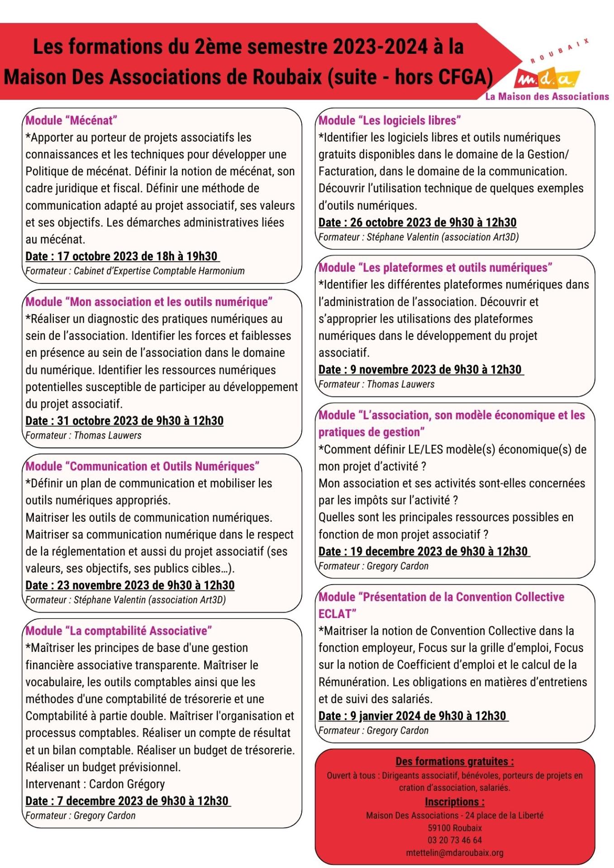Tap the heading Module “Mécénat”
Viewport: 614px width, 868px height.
[71, 120]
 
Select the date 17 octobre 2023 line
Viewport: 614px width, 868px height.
[122, 256]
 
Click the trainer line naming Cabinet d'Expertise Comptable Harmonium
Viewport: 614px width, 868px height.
[135, 271]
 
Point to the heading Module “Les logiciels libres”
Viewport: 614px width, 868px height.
[390, 120]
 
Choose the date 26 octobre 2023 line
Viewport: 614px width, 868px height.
[417, 222]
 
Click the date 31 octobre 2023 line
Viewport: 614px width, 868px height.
[124, 421]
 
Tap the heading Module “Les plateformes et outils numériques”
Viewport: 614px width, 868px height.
[435, 268]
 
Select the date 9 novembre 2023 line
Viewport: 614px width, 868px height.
[420, 370]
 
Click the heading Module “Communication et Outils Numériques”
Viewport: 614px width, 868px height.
[143, 466]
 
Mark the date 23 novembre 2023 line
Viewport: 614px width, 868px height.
[130, 585]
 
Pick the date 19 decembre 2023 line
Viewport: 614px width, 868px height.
[424, 552]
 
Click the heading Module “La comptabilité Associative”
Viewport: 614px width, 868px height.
[119, 631]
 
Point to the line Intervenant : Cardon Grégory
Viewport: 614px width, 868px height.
[95, 784]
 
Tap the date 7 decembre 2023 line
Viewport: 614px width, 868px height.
[127, 801]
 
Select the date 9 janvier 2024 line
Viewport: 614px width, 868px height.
[413, 716]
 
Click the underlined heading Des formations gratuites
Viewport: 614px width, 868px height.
[454, 761]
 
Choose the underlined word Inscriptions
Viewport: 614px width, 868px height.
[454, 802]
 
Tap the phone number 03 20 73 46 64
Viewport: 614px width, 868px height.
[454, 840]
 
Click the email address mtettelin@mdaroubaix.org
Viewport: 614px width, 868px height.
[454, 853]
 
